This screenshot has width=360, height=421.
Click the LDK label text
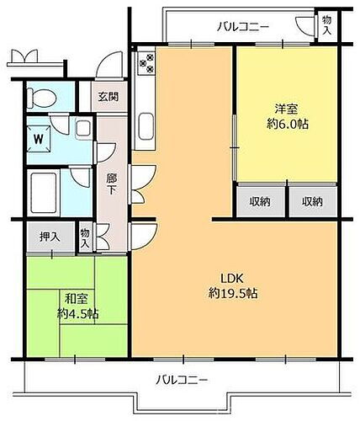click(x=233, y=279)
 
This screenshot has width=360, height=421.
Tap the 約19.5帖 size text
click(x=233, y=294)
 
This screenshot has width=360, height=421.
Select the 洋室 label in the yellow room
click(x=286, y=109)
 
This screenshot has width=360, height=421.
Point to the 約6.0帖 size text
click(x=286, y=124)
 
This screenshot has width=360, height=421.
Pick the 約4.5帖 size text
click(x=77, y=313)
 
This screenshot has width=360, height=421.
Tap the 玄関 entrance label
click(x=107, y=95)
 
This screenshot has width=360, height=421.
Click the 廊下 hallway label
click(x=111, y=184)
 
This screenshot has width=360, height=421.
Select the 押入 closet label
click(x=50, y=237)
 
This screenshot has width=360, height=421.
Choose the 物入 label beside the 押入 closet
click(x=86, y=237)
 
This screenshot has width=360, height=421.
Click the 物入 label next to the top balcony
click(x=326, y=25)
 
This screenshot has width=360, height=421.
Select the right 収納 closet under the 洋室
click(x=313, y=200)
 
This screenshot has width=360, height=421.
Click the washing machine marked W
click(x=39, y=136)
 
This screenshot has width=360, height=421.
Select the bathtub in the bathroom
click(x=43, y=192)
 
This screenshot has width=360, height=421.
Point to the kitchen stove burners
click(x=145, y=61)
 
